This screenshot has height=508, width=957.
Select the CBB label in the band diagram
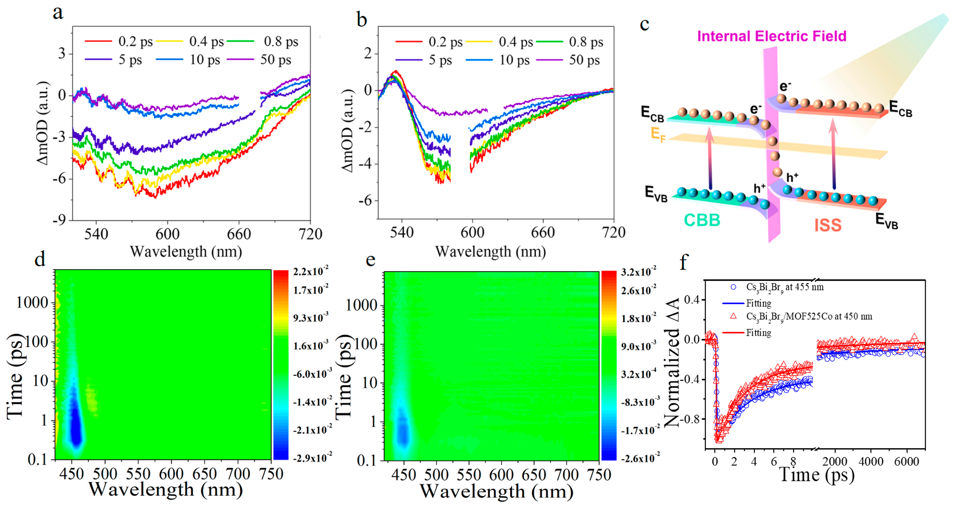[x=702, y=220]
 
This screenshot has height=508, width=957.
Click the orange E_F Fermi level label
[x=658, y=134]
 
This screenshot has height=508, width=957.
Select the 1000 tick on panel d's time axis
[x=32, y=303]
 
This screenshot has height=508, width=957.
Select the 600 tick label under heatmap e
[x=501, y=475]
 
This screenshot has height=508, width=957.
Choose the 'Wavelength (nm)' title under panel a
[x=186, y=252]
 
